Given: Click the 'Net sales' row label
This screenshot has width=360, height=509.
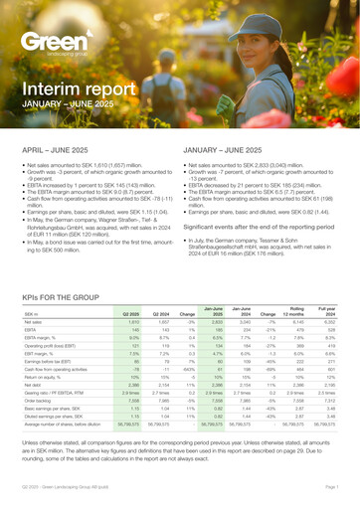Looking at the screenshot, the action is tap(34, 295).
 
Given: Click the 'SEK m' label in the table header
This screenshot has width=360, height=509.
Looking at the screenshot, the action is tap(31, 286).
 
